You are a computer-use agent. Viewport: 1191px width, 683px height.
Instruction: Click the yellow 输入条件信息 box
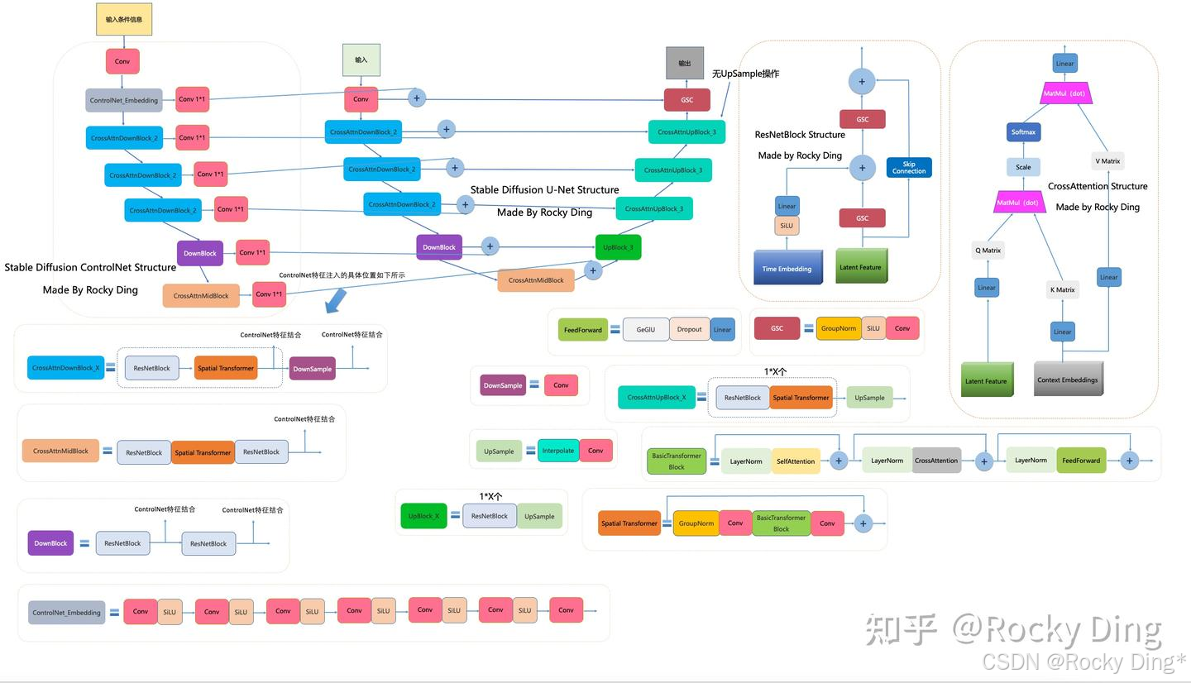(x=124, y=19)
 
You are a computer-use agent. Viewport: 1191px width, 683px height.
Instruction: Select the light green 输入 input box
(x=361, y=60)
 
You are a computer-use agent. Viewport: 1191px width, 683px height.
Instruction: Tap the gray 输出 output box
(x=685, y=64)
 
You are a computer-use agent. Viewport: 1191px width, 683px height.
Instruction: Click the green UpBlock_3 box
(x=618, y=247)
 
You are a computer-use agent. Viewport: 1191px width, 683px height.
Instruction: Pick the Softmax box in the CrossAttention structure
(x=1023, y=132)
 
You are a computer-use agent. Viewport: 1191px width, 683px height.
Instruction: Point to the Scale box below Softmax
(x=1023, y=167)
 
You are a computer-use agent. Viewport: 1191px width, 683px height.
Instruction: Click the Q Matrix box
(x=988, y=251)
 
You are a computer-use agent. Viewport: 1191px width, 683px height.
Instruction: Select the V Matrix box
(x=1107, y=161)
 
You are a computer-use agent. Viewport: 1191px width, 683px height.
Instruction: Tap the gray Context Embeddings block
(x=1068, y=379)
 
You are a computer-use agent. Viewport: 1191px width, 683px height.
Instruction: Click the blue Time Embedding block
(x=787, y=268)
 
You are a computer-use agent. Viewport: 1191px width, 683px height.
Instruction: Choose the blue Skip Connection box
(x=909, y=168)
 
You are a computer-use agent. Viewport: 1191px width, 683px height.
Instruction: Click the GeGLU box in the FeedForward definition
(x=645, y=329)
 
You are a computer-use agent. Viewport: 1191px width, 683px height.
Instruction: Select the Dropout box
(x=689, y=329)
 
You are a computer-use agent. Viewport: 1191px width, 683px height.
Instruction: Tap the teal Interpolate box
(x=558, y=451)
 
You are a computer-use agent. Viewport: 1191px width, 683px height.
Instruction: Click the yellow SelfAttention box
(x=796, y=461)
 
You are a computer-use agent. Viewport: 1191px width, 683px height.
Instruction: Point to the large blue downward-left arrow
(x=335, y=301)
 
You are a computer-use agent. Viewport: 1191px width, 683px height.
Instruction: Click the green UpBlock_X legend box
(x=423, y=516)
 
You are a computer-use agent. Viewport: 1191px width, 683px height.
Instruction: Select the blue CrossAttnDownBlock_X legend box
(x=65, y=368)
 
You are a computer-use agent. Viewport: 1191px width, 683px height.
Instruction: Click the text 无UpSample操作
(x=745, y=74)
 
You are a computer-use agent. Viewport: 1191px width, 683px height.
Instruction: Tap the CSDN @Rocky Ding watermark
(x=1083, y=662)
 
